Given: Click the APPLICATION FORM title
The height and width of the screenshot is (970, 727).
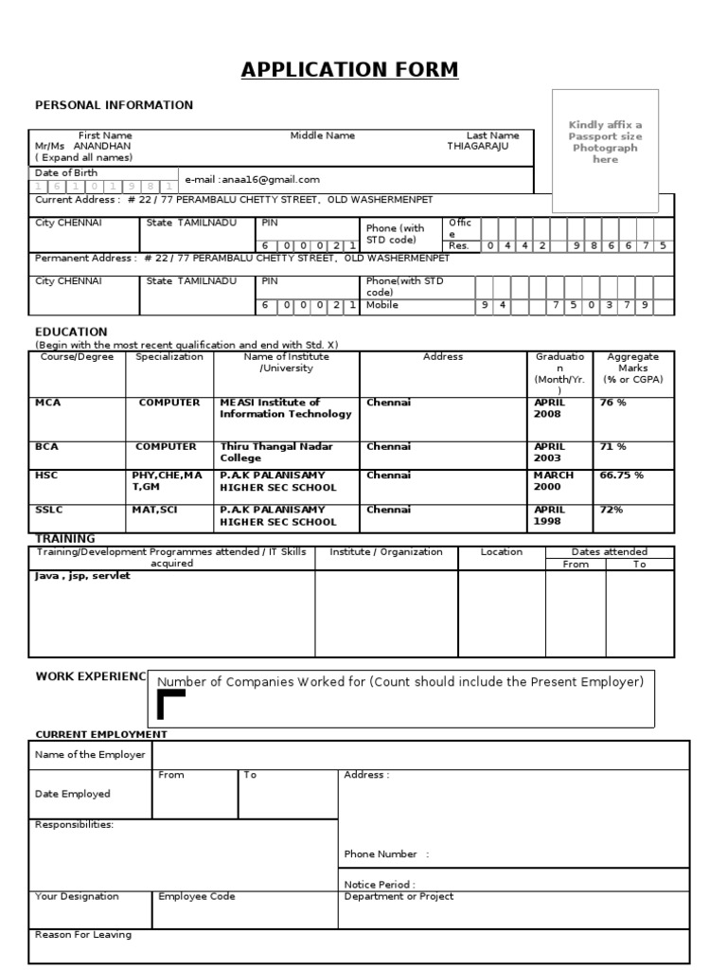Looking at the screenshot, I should point(349,69).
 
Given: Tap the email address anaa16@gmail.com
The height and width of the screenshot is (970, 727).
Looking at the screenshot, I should point(253,179).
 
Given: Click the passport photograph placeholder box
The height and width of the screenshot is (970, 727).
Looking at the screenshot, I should point(605,150).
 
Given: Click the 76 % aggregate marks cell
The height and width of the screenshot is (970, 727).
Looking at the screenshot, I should point(613,403).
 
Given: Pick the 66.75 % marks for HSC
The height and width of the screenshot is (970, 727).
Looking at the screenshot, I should point(621,475).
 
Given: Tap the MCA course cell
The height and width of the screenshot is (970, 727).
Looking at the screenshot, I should point(48,403).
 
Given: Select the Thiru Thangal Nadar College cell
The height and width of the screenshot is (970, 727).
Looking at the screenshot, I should point(276,452).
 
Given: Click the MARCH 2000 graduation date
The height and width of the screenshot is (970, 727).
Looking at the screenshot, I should point(554,481).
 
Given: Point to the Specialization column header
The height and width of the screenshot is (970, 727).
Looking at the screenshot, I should point(169,357).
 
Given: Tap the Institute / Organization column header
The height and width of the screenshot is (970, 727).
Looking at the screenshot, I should point(386,551).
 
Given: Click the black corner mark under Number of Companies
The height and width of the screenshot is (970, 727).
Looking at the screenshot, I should point(169,705).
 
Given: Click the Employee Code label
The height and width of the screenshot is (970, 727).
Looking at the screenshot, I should point(197,896).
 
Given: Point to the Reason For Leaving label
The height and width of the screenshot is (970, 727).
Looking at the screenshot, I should point(83,934).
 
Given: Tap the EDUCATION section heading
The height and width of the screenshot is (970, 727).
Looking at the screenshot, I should point(71,332).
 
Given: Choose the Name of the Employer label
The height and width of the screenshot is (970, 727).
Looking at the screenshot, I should point(90,755).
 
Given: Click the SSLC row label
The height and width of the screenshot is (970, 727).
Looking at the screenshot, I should point(49,510).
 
